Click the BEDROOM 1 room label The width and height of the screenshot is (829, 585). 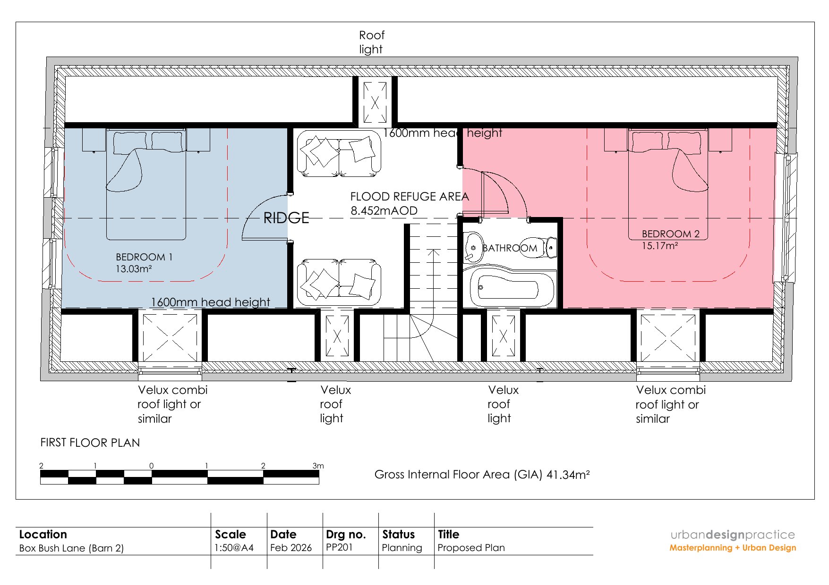[144, 257]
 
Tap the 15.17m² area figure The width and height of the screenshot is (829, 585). [660, 246]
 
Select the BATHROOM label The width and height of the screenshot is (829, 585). [510, 248]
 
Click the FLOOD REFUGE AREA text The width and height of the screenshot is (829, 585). [410, 196]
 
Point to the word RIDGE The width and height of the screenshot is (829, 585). [286, 218]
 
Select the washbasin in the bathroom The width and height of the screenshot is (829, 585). [473, 247]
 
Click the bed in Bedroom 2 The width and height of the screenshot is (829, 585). [668, 184]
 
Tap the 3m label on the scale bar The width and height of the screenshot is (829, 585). [318, 466]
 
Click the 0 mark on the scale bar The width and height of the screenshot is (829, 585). [151, 466]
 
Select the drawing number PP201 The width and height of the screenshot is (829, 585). [339, 547]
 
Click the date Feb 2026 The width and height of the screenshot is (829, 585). [291, 548]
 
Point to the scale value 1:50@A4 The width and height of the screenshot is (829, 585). [234, 548]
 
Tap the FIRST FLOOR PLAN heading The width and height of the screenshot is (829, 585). [90, 443]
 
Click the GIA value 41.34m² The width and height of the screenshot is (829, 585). [568, 475]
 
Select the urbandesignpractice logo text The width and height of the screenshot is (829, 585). [733, 535]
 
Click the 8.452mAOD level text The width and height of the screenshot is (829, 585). [384, 210]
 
